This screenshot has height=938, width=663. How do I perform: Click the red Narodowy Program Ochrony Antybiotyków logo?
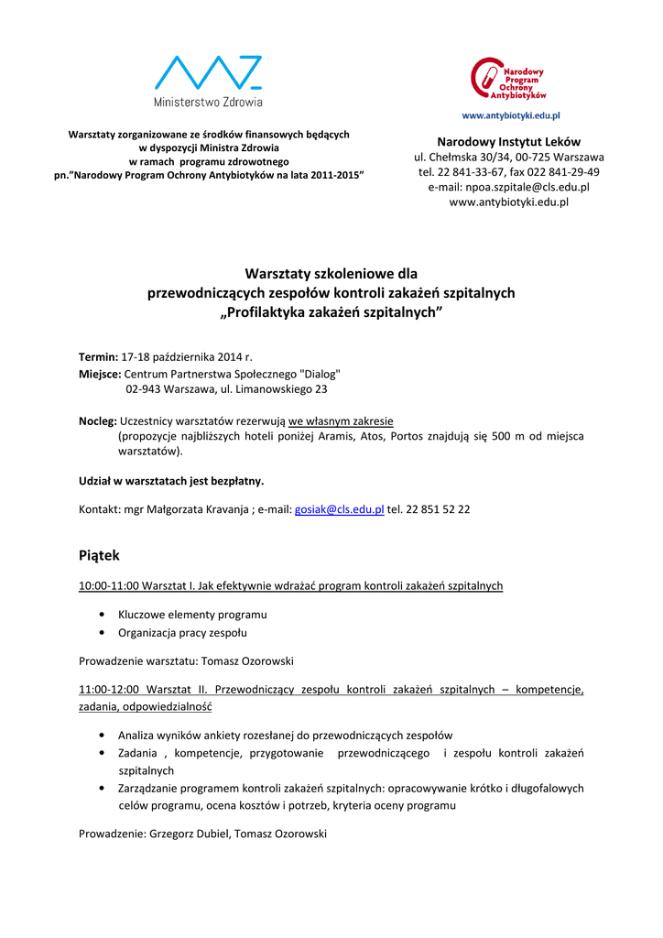[x=509, y=79]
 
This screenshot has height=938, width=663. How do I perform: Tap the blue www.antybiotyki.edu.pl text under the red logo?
[x=510, y=116]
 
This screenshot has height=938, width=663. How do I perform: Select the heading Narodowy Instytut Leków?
[x=508, y=142]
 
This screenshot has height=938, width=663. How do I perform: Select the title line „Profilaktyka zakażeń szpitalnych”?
[x=331, y=313]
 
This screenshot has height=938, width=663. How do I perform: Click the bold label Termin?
[x=98, y=356]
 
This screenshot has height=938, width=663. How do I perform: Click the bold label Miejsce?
[x=100, y=374]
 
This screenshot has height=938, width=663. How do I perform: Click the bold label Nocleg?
[x=98, y=420]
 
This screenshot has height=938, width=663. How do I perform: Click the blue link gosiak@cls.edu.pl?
[x=339, y=509]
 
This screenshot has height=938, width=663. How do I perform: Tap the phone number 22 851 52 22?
[x=438, y=509]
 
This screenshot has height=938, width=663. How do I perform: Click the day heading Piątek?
[x=99, y=555]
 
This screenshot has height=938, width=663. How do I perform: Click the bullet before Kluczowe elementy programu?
[x=99, y=615]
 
